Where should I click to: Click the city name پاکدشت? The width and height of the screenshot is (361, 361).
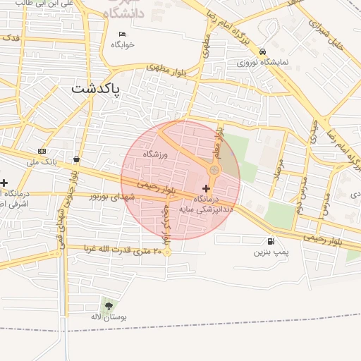[x=95, y=90]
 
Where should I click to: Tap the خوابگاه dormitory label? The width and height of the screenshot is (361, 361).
[x=122, y=44]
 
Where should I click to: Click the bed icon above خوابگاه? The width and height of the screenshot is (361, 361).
[x=122, y=33]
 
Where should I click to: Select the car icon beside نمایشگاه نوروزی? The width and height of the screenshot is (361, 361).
[x=262, y=52]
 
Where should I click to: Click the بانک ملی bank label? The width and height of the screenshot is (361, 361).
[x=42, y=161]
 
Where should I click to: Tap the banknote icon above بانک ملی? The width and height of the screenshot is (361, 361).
[x=42, y=152]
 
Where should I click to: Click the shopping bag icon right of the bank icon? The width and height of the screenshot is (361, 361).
[x=76, y=159]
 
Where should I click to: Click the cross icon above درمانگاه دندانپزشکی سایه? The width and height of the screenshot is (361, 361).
[x=206, y=188]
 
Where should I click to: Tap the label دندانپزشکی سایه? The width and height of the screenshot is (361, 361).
[x=206, y=209]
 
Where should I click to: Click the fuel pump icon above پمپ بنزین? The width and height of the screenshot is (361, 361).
[x=271, y=240]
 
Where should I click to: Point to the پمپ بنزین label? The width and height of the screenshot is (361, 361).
[x=271, y=251]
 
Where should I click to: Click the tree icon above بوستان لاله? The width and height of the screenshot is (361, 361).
[x=108, y=305]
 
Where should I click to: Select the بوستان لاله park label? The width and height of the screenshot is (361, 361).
[x=108, y=317]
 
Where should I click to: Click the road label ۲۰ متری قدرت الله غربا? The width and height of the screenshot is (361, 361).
[x=123, y=249]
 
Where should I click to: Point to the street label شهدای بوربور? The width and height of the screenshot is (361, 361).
[x=111, y=197]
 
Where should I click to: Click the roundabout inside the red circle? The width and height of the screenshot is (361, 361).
[x=214, y=171]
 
